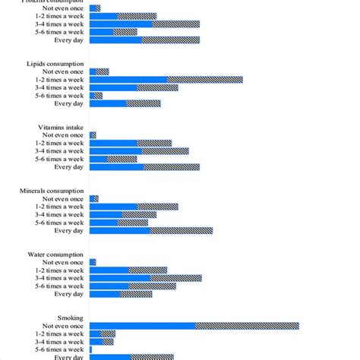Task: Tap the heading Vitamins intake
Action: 61,127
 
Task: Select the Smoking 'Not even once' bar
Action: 194,326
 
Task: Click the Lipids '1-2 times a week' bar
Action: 166,79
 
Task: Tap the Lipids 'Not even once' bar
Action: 99,71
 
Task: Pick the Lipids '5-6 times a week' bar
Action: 96,96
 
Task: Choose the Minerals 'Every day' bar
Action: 150,230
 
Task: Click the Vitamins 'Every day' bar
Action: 144,167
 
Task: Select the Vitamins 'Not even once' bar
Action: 93,134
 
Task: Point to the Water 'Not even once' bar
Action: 93,262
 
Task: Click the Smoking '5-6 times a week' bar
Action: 91,349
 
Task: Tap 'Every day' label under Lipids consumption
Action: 69,103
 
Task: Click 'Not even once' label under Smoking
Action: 65,326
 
